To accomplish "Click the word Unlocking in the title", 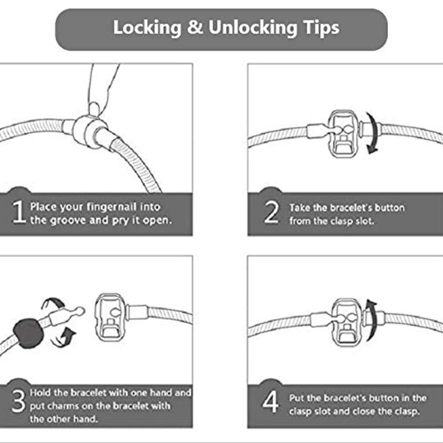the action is [x=253, y=28].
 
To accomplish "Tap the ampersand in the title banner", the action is [x=195, y=28].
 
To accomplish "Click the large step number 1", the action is [x=18, y=212].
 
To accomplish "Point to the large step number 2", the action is [x=271, y=212].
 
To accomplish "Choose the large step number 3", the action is [x=18, y=401].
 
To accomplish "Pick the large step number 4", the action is [x=270, y=402].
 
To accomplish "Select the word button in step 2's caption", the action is [x=390, y=208].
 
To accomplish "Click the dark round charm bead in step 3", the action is [x=28, y=333].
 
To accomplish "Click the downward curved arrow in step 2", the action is [x=373, y=133].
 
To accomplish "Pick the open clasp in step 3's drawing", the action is [x=110, y=318].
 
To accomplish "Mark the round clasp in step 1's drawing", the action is [x=89, y=132].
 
